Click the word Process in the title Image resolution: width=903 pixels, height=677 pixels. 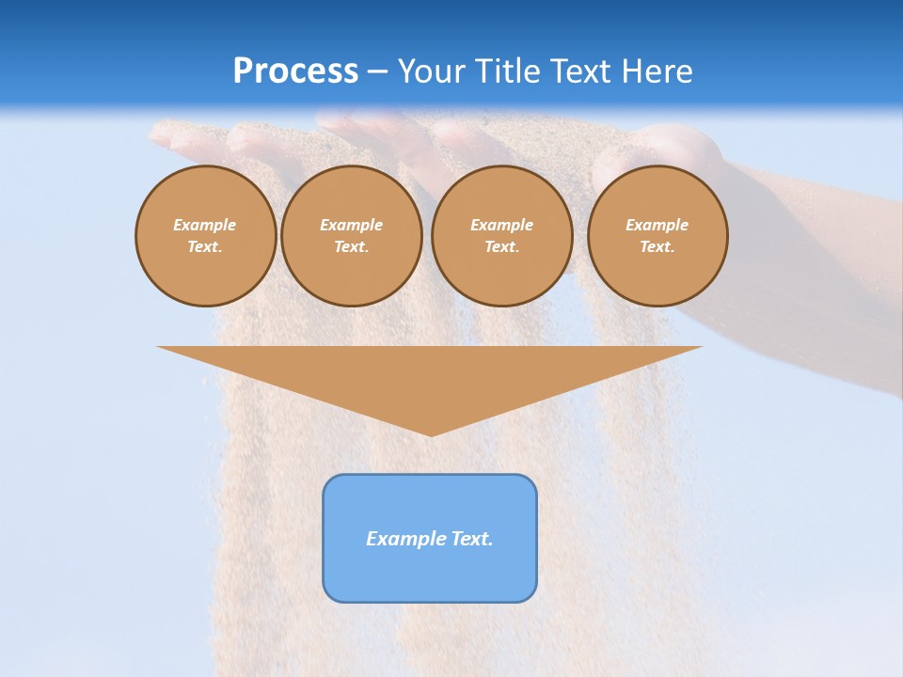(295, 71)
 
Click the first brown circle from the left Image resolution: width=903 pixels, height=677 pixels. (205, 236)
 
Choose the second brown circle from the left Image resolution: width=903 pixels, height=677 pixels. (351, 236)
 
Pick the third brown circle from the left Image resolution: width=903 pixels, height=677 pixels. (501, 236)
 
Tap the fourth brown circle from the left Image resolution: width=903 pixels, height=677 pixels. (657, 236)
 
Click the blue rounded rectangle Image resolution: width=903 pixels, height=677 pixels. (430, 574)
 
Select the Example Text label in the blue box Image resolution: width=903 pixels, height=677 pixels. (430, 539)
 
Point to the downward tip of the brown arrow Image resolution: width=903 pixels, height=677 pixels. (431, 433)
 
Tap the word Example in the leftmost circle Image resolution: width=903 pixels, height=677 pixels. (205, 225)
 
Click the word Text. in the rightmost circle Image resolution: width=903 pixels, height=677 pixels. (657, 246)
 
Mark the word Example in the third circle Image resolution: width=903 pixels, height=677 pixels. (501, 225)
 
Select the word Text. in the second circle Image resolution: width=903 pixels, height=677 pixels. (351, 246)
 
